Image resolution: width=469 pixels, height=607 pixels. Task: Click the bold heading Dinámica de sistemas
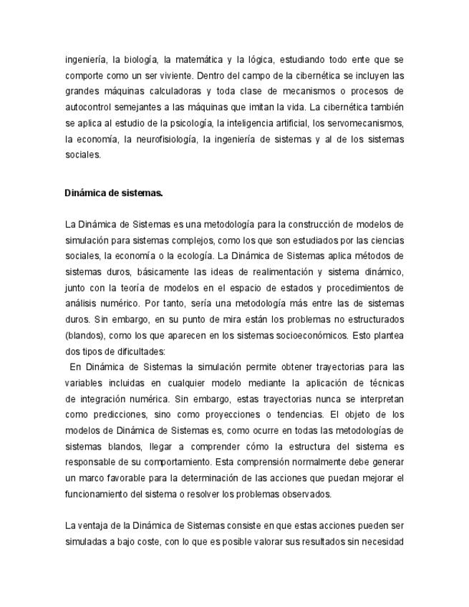click(114, 193)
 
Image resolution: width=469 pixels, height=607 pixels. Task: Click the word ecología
click(191, 256)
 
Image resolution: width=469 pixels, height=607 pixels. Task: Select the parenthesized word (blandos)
click(83, 334)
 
